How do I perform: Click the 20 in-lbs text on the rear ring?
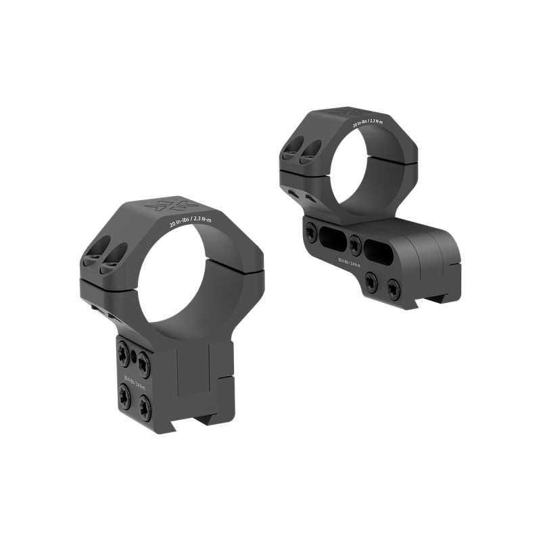(367, 126)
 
